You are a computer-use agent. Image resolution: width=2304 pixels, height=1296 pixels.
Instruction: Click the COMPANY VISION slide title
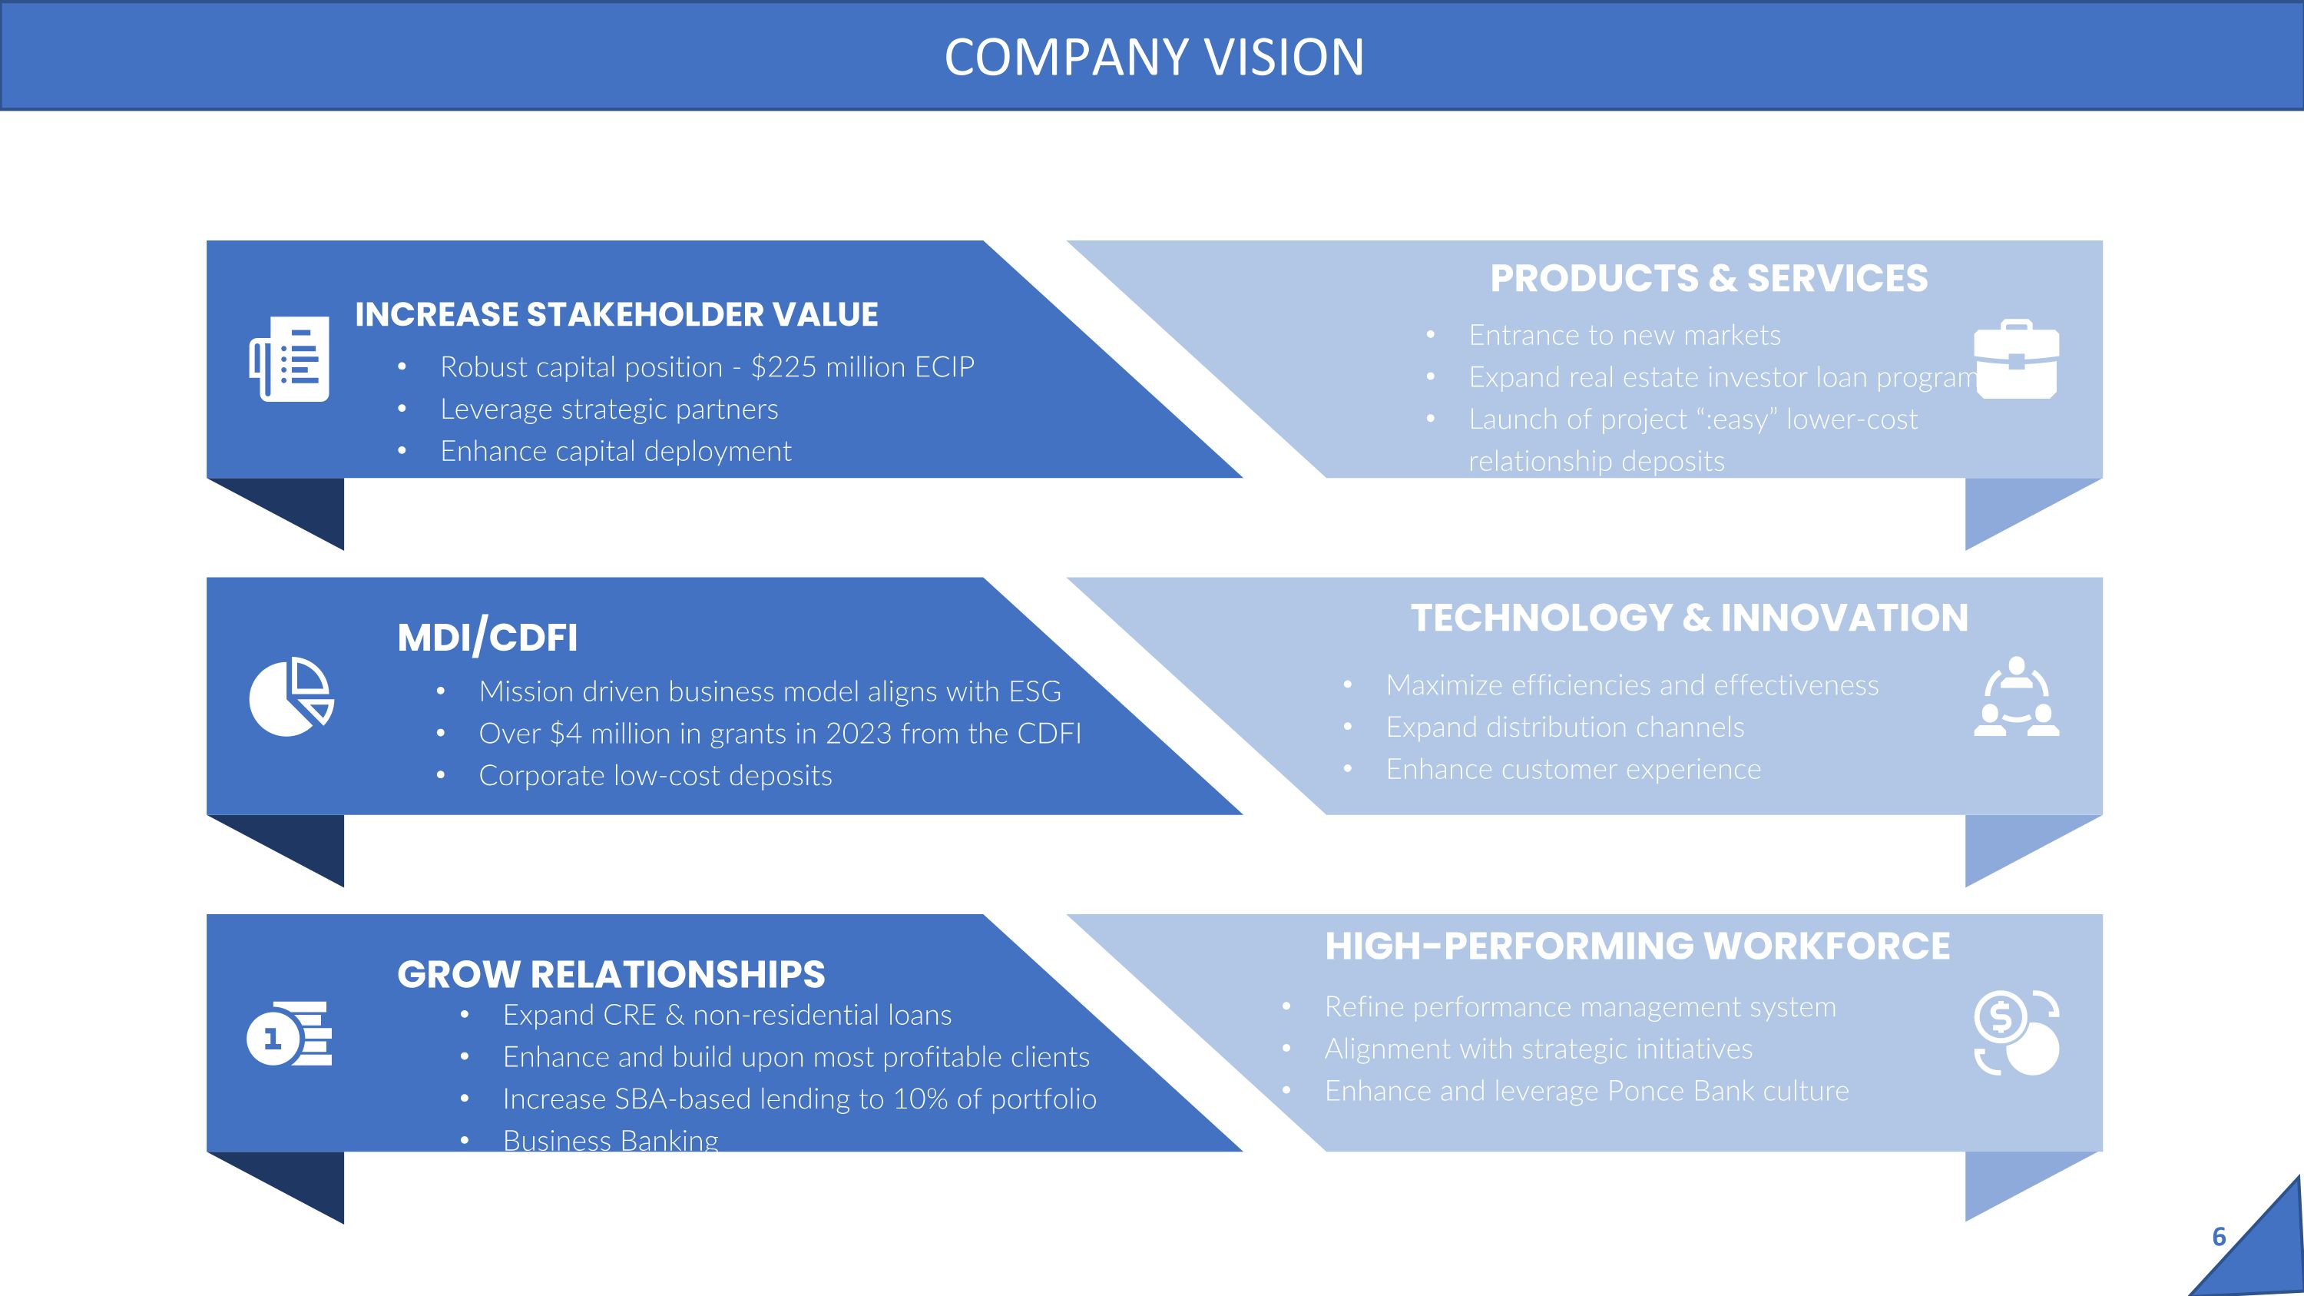pos(1154,58)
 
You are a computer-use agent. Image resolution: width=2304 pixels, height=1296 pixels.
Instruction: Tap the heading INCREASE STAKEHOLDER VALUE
pos(616,315)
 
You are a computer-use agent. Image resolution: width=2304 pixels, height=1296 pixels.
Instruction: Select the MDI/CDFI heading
pos(488,638)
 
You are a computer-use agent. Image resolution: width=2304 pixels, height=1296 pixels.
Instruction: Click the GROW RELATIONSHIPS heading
pos(611,974)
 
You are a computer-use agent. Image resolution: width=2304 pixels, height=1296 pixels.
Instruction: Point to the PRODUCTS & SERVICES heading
pos(1708,278)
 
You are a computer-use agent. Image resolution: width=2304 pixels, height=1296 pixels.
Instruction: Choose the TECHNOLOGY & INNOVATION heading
pos(1690,618)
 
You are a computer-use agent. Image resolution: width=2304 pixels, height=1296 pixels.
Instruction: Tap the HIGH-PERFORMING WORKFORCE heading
pos(1637,946)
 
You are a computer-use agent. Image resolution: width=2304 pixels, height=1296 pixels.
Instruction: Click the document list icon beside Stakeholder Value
pos(289,359)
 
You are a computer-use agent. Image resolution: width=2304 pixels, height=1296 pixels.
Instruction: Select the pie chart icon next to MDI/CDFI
pos(290,697)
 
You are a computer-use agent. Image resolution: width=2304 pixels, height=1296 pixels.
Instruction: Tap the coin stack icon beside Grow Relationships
pos(289,1033)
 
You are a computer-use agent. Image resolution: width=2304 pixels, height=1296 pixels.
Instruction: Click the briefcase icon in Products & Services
pos(2016,359)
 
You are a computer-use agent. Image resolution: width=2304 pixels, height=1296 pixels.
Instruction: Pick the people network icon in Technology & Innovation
pos(2016,697)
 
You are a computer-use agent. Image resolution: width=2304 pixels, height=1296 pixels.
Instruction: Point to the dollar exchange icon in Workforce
pos(2016,1033)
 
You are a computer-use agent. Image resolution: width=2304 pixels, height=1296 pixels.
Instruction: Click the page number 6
pos(2218,1237)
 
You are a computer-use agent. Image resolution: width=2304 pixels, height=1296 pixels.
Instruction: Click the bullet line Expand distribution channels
pos(1565,728)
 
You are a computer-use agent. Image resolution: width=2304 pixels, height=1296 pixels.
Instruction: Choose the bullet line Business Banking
pos(611,1140)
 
